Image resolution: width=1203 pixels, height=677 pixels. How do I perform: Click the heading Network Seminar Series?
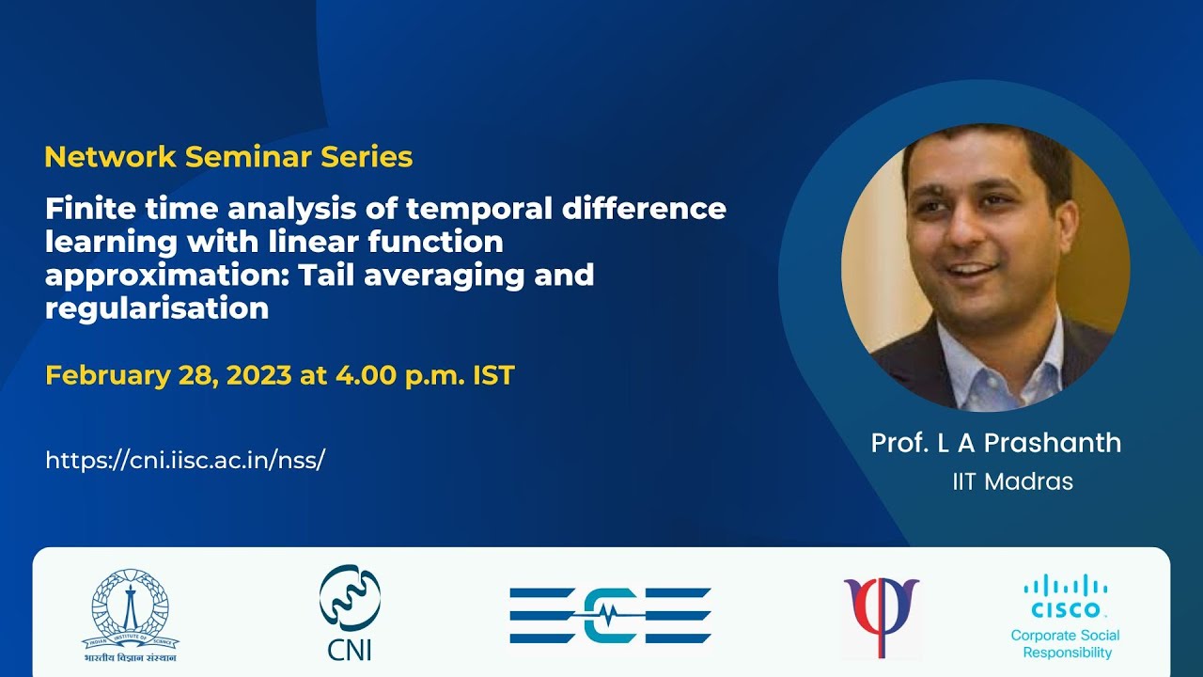tap(228, 157)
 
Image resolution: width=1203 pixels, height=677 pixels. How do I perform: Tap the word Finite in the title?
tap(89, 209)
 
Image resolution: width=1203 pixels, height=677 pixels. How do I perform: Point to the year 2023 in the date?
tap(259, 375)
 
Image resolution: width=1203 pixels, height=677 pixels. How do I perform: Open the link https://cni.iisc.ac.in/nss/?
tap(185, 461)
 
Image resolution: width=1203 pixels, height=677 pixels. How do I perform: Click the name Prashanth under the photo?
tap(1053, 443)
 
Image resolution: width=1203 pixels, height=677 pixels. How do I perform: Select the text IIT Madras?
tap(1012, 481)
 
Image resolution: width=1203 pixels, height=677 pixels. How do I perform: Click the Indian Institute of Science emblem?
tap(131, 615)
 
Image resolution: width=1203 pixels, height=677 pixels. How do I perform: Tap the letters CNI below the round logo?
tap(349, 650)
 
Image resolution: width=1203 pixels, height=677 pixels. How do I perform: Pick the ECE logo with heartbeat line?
tap(610, 616)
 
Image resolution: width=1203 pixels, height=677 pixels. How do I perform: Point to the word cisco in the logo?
tap(1066, 610)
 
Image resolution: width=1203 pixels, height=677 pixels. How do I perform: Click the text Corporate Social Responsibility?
tap(1066, 644)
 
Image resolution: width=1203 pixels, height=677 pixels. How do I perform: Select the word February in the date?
tap(107, 375)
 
